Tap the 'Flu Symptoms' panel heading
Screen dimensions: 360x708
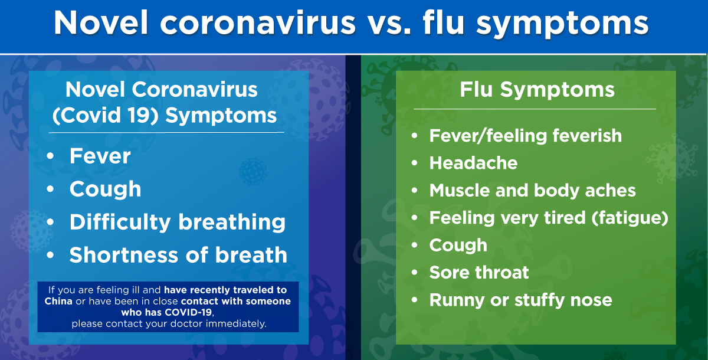click(537, 90)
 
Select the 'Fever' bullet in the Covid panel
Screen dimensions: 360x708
click(100, 156)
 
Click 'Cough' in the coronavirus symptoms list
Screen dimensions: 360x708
click(105, 189)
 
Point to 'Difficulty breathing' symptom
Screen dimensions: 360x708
click(177, 222)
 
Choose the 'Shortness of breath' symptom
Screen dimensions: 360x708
click(178, 255)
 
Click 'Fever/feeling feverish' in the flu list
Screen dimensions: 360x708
click(525, 136)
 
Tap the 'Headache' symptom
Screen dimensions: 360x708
click(473, 163)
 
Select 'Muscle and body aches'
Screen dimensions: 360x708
click(532, 190)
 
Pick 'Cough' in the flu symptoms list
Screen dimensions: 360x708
click(458, 245)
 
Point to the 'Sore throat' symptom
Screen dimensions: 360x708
click(479, 272)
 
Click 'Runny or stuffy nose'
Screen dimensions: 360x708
click(520, 300)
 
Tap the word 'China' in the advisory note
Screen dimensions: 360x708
click(58, 301)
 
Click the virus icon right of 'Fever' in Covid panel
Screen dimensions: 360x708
click(252, 171)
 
